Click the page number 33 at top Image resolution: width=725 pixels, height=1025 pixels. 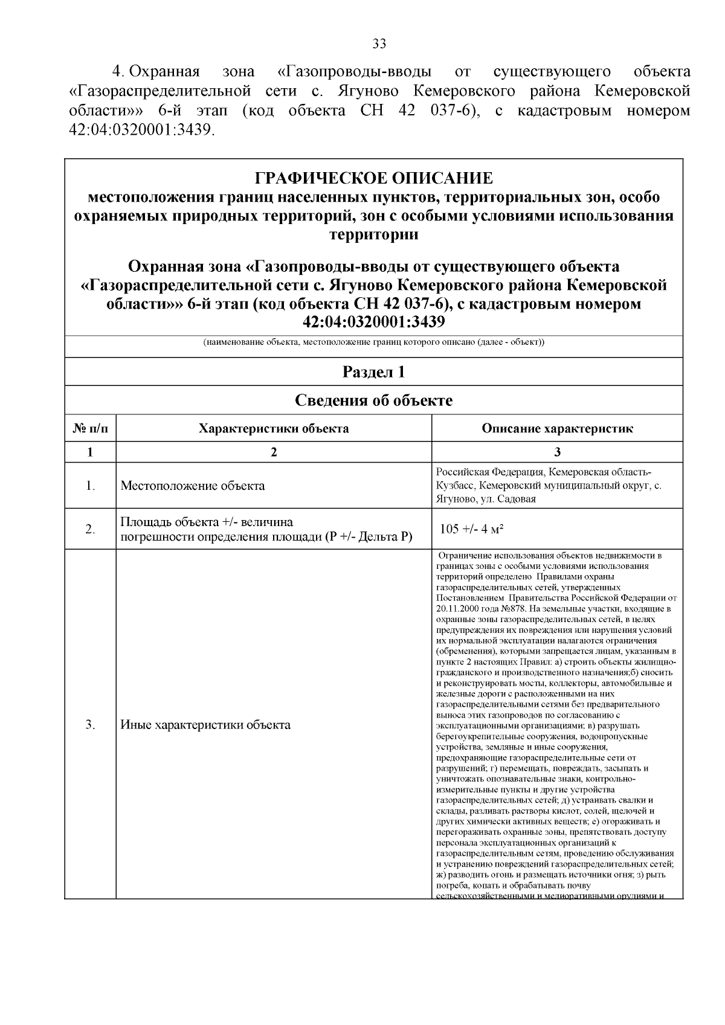point(379,43)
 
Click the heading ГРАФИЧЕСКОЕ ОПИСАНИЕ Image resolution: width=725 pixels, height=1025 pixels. point(374,178)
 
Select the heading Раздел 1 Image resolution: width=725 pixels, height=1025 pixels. point(374,371)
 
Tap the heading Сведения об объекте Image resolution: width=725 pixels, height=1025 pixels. point(374,400)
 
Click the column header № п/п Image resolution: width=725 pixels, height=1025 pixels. point(90,429)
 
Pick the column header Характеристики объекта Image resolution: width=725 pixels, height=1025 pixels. point(274,429)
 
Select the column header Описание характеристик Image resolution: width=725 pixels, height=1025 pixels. point(557,429)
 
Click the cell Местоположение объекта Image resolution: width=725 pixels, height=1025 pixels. point(193,486)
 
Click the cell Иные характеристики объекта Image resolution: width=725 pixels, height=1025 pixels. point(205,725)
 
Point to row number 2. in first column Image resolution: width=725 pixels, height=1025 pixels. point(90,530)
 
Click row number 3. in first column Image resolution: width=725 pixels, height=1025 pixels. point(90,725)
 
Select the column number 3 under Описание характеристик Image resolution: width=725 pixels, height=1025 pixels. point(557,452)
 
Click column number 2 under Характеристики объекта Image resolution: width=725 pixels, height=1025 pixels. point(274,452)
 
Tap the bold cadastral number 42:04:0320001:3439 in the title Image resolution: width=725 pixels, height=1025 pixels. point(374,322)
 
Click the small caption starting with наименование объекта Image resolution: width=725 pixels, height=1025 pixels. point(374,342)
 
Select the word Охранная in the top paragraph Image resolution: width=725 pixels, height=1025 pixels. point(165,72)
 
